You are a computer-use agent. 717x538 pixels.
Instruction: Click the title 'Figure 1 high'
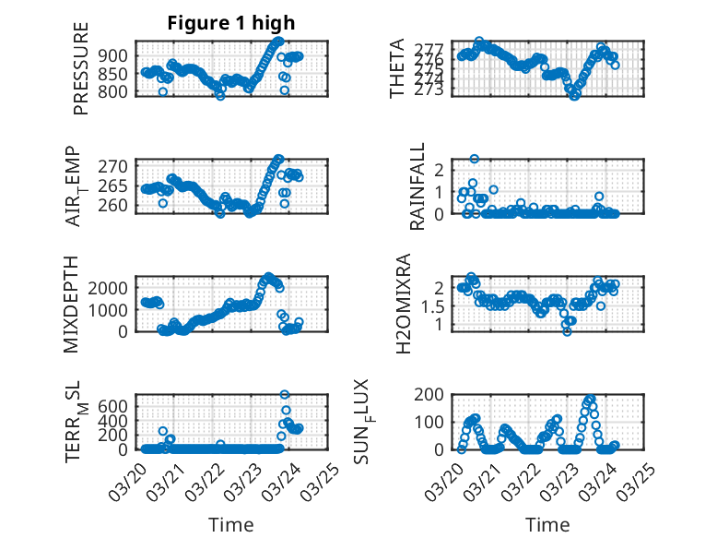pyautogui.click(x=231, y=23)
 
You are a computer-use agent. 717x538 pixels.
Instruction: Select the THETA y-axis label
pyautogui.click(x=396, y=68)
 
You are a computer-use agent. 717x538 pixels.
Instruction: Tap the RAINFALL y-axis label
pyautogui.click(x=417, y=186)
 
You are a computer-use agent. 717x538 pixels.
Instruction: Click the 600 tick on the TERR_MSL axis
pyautogui.click(x=113, y=405)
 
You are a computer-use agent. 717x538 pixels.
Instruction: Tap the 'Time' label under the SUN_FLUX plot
pyautogui.click(x=547, y=524)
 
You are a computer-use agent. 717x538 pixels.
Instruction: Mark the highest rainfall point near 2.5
pyautogui.click(x=475, y=159)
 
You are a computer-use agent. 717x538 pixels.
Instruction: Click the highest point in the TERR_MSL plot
pyautogui.click(x=285, y=395)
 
